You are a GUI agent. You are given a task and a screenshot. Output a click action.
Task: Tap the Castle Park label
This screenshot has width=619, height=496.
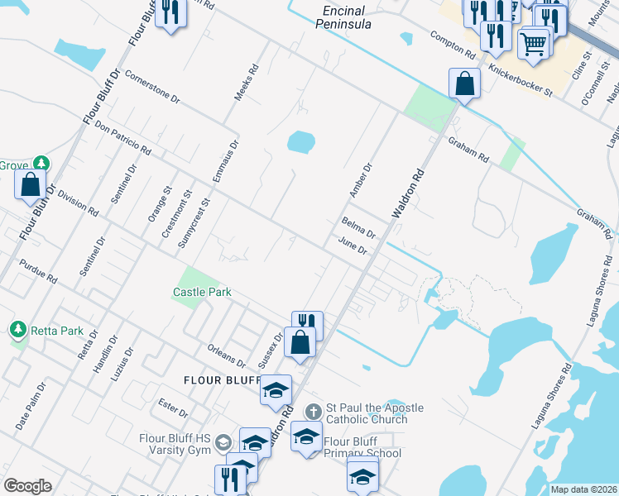pos(201,292)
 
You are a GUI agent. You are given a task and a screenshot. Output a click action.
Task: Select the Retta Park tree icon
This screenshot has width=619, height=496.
pos(17,331)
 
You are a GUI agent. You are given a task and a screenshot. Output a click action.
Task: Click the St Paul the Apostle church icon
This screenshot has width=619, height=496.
pos(313,411)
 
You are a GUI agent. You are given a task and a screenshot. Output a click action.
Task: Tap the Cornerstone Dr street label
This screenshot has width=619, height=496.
pos(152,86)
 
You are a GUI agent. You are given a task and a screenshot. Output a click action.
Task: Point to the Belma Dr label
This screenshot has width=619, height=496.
pos(358,227)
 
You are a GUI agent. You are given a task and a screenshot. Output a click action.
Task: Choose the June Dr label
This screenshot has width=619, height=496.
pos(353,246)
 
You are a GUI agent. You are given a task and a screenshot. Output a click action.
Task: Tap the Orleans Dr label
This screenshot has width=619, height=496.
pos(227,355)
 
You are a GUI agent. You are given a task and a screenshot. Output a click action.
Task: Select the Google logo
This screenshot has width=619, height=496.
pos(27,486)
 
